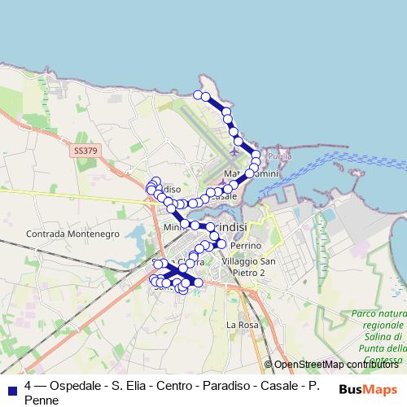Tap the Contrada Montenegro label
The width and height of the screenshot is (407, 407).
coord(72,234)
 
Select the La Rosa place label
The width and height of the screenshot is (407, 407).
coord(241,325)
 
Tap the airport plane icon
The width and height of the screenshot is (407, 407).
coord(236,150)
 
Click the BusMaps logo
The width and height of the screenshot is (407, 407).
coord(369,389)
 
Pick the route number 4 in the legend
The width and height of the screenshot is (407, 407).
coord(28,386)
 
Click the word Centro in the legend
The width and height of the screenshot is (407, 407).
coord(169,386)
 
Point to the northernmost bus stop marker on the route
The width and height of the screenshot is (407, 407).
coord(198,95)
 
